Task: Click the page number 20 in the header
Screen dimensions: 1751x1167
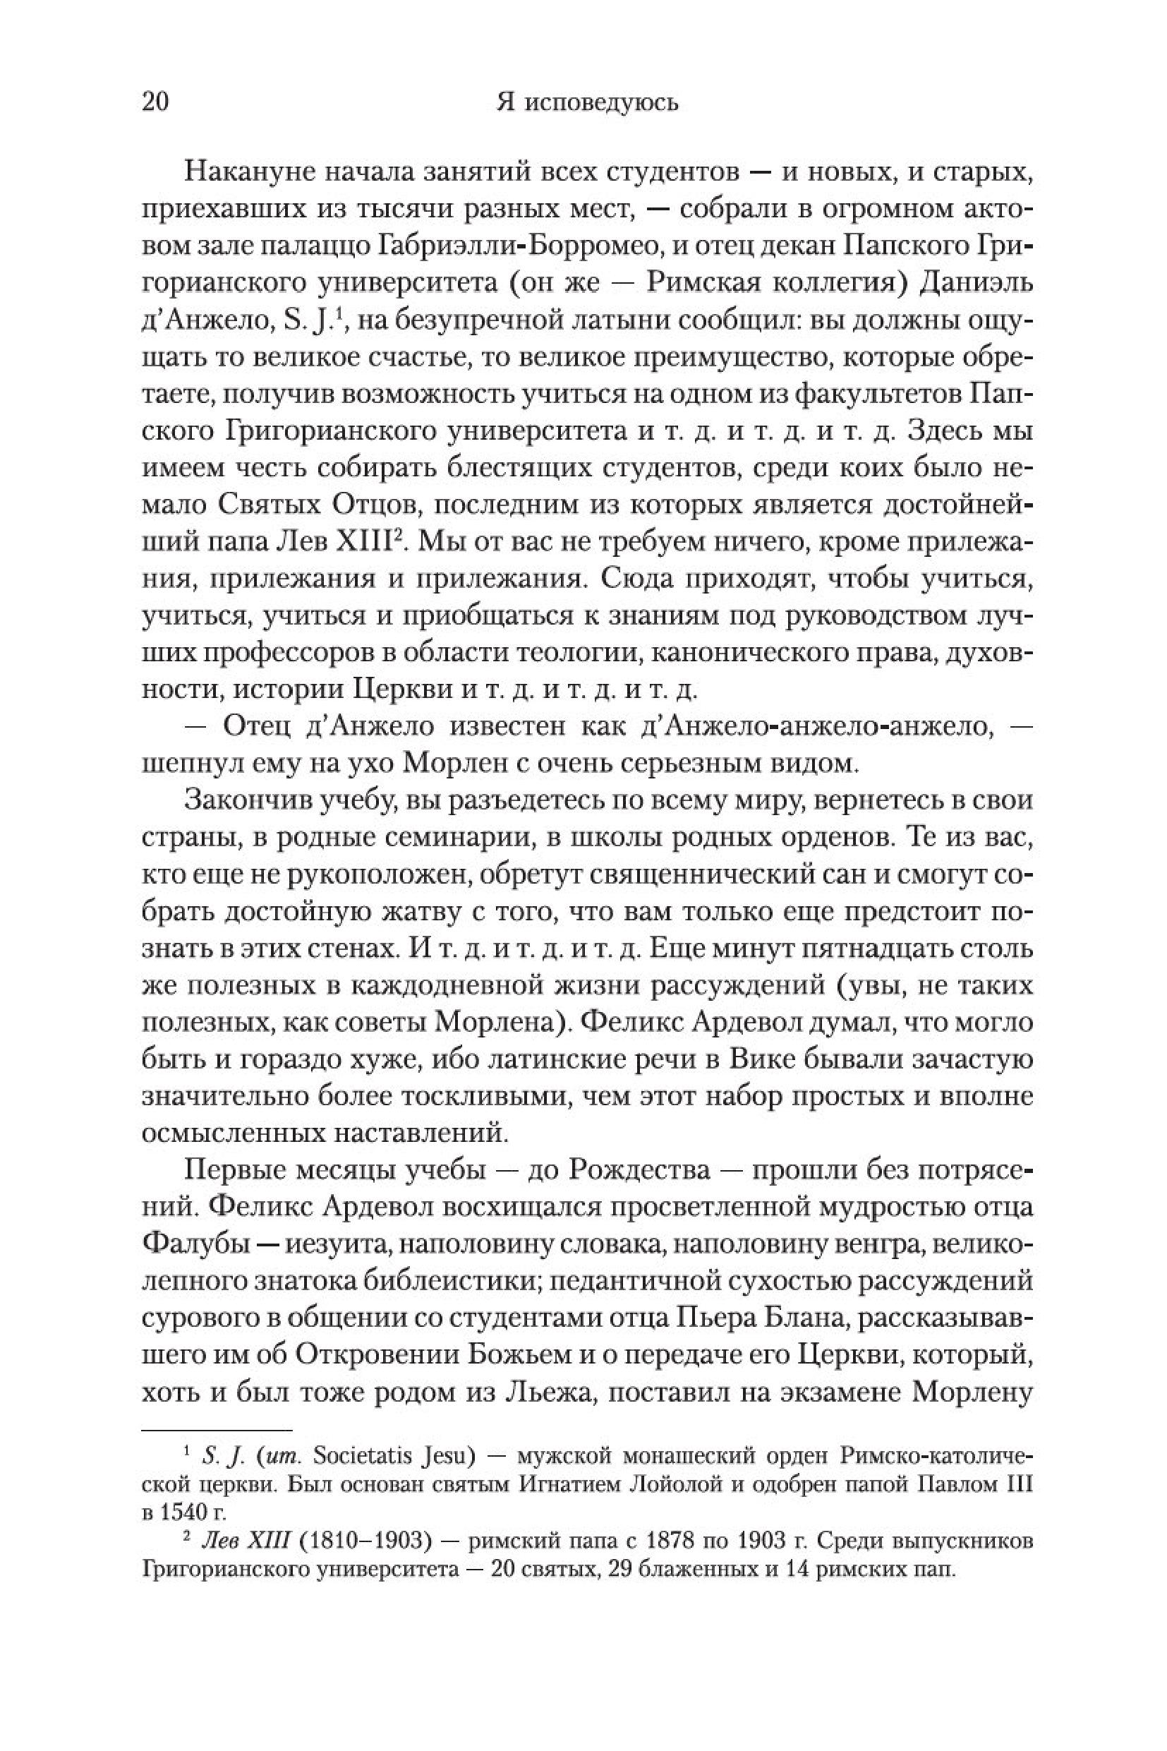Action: pos(155,102)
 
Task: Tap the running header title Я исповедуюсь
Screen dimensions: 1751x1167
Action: pos(586,102)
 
